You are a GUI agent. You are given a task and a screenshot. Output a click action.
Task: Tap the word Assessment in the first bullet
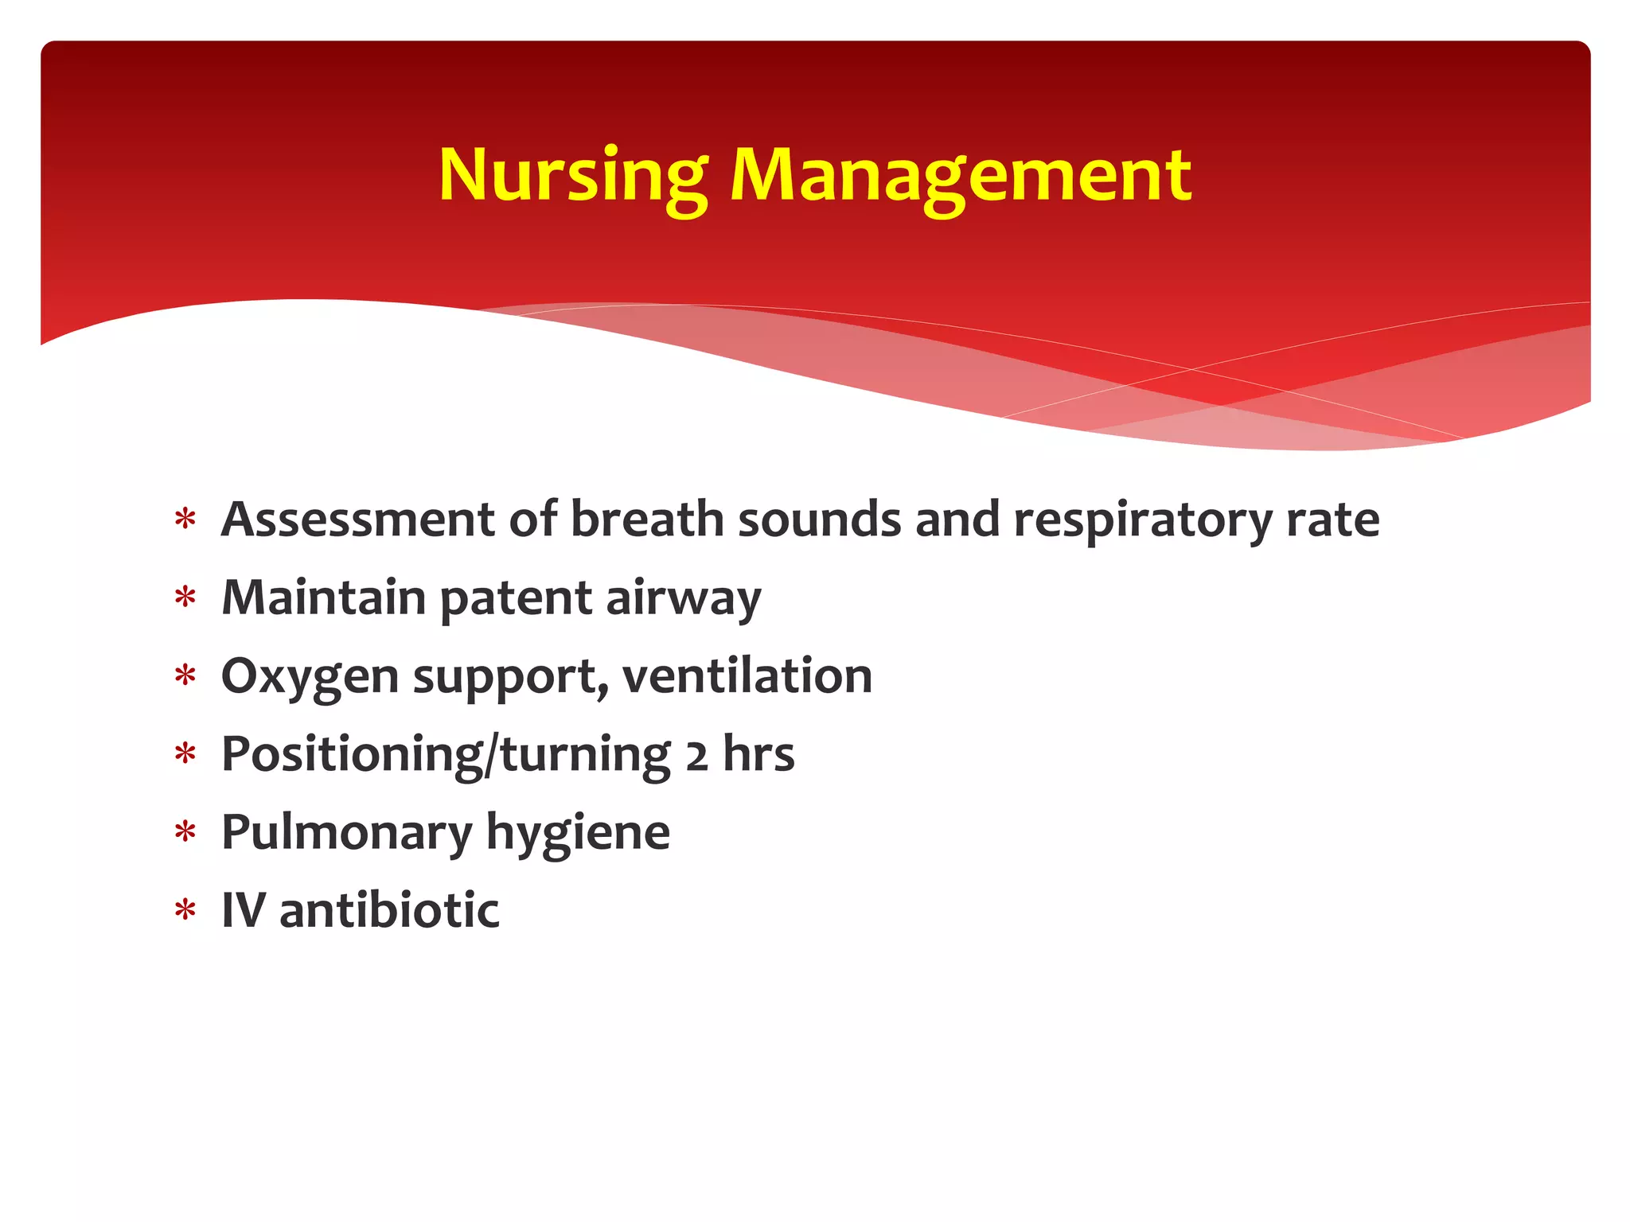[358, 520]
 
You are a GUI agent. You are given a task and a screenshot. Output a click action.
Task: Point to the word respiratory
[1142, 521]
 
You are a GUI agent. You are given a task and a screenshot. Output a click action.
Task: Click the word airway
[683, 599]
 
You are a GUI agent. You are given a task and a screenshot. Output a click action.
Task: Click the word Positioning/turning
[446, 754]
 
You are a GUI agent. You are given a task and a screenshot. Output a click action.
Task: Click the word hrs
[758, 754]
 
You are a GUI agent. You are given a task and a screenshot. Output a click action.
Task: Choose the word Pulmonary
[347, 833]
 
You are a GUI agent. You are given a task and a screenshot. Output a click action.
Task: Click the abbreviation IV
[243, 910]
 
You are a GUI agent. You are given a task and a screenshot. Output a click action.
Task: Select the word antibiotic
[389, 910]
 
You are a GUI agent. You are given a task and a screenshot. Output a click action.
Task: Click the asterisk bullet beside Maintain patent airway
[185, 597]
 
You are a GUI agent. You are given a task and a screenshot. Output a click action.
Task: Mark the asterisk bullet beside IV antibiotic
[185, 910]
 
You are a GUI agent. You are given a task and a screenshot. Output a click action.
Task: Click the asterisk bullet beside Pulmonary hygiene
[185, 832]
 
